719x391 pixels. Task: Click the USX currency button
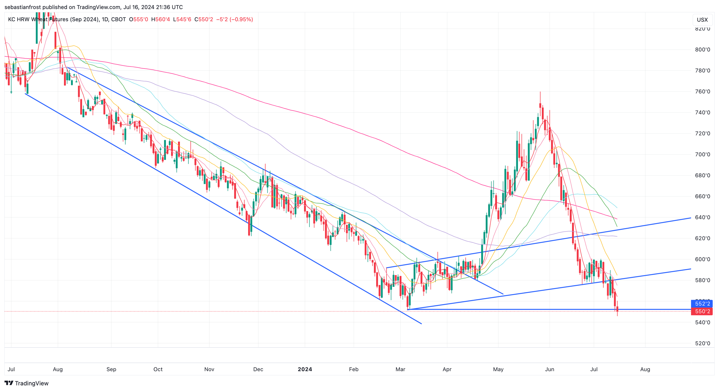pyautogui.click(x=702, y=20)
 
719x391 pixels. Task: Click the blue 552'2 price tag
pyautogui.click(x=702, y=304)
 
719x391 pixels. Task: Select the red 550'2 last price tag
pyautogui.click(x=702, y=311)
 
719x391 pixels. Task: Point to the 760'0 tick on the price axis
pyautogui.click(x=703, y=92)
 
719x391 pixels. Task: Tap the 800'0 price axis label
pyautogui.click(x=703, y=50)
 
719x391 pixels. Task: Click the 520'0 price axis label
pyautogui.click(x=703, y=343)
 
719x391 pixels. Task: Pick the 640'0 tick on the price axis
pyautogui.click(x=703, y=218)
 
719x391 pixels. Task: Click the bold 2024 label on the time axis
pyautogui.click(x=305, y=369)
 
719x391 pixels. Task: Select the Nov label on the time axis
pyautogui.click(x=209, y=369)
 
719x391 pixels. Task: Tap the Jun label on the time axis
pyautogui.click(x=549, y=369)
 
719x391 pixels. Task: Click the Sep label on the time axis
pyautogui.click(x=111, y=369)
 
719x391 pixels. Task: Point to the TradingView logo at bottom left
pyautogui.click(x=26, y=383)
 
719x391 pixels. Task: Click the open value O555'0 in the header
pyautogui.click(x=138, y=20)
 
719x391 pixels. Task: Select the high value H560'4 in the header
pyautogui.click(x=160, y=20)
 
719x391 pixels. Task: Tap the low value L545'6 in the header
pyautogui.click(x=182, y=20)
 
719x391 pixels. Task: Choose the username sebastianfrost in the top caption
pyautogui.click(x=23, y=7)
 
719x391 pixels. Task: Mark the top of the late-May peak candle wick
pyautogui.click(x=540, y=92)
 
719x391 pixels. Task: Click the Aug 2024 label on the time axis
pyautogui.click(x=645, y=369)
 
